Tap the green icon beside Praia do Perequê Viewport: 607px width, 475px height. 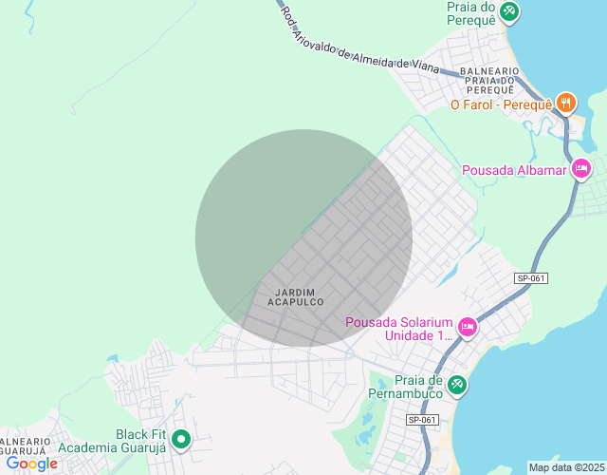coord(510,11)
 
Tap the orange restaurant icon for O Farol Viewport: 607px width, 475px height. coord(566,103)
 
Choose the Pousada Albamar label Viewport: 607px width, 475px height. coord(513,170)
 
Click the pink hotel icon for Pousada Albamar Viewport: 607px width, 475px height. coord(581,170)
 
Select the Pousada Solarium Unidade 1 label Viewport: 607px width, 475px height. coord(398,329)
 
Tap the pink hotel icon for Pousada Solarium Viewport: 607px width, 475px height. coord(468,328)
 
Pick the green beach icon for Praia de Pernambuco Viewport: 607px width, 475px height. coord(457,384)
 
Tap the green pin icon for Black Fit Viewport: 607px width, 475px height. coord(180,440)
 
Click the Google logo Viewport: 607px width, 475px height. coord(31,464)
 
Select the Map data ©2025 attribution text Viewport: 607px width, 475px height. coord(566,467)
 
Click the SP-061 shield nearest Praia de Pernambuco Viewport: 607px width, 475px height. coord(422,419)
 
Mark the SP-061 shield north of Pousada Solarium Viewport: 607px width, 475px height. coord(531,278)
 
